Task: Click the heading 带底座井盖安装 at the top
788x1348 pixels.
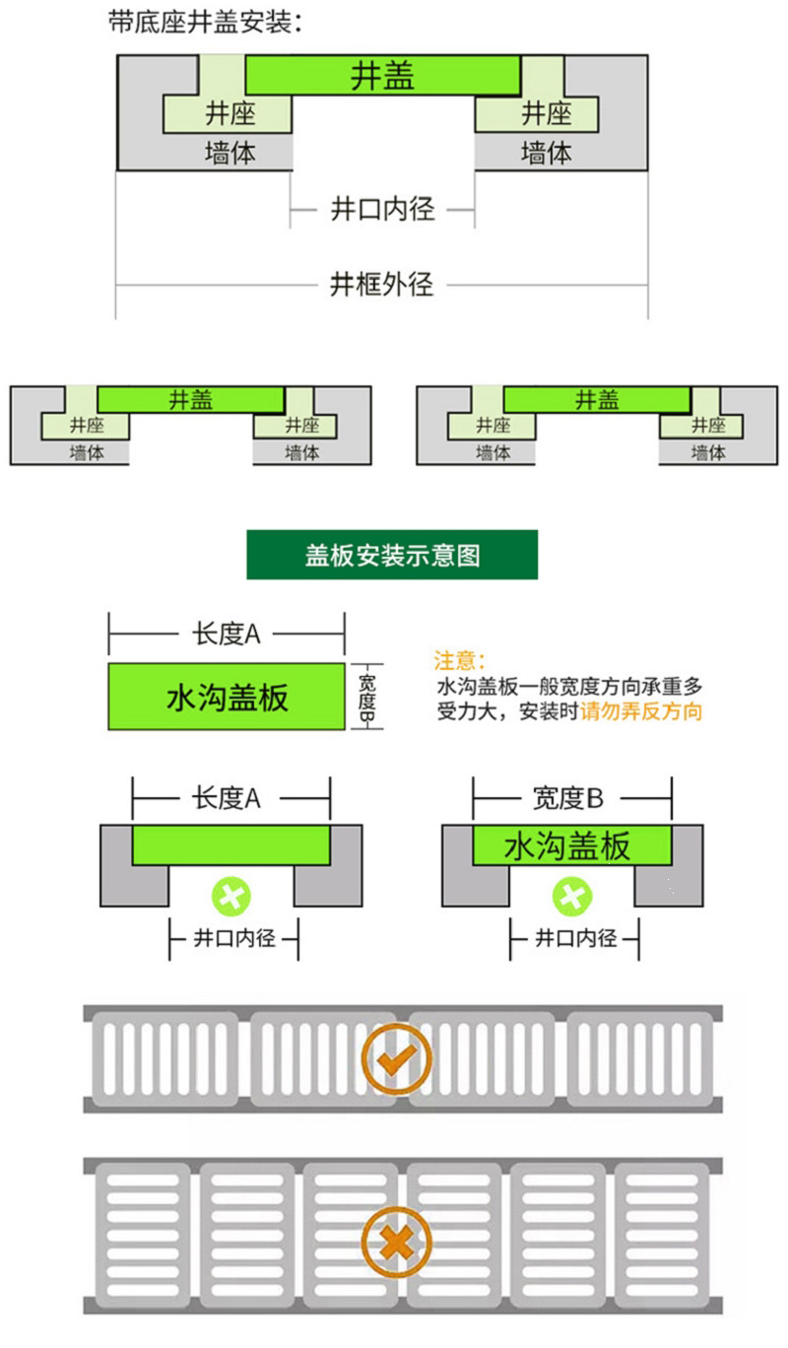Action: point(205,23)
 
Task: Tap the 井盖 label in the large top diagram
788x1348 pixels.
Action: point(382,77)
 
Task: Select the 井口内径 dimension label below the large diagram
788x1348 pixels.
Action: point(382,210)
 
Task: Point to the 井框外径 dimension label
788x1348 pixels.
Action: point(381,285)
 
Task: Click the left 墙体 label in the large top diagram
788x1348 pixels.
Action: point(230,153)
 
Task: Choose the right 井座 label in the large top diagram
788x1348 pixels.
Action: point(547,113)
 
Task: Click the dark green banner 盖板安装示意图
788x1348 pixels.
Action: point(392,555)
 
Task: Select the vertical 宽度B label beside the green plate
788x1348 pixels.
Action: point(366,698)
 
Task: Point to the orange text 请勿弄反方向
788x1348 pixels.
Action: point(641,711)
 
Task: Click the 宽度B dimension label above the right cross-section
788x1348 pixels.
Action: point(567,798)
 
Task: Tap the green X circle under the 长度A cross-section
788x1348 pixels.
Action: point(231,897)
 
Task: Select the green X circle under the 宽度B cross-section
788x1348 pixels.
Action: point(572,897)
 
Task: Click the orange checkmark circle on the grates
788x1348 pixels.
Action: point(396,1058)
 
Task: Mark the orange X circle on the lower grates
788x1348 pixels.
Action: point(396,1243)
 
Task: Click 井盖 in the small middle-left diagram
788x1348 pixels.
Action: point(191,400)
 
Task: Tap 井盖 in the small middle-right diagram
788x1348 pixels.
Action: point(597,400)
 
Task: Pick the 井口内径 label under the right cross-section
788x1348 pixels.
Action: point(576,938)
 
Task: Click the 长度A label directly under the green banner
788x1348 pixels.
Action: point(227,634)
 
